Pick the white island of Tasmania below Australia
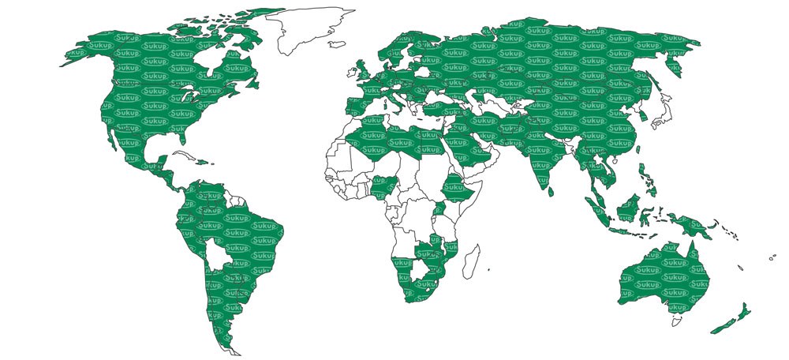[676, 321]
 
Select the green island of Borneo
[628, 209]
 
